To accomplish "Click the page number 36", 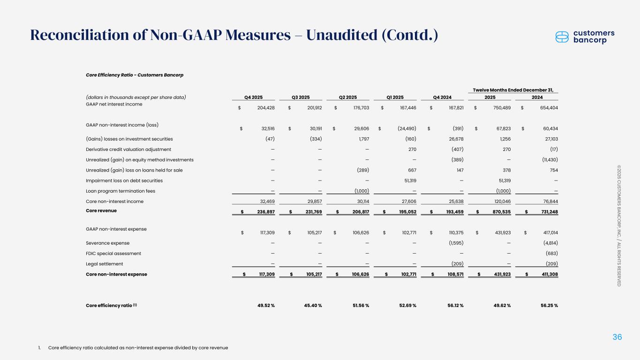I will coord(617,337).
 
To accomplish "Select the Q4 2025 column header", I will coord(253,97).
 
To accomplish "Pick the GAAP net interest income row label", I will coord(114,104).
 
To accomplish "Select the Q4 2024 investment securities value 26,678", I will coord(454,139).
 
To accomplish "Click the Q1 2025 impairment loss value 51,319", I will coord(407,180).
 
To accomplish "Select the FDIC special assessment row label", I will coord(113,254).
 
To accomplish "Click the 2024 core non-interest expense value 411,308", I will coord(547,274).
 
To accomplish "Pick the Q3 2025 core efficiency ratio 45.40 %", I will coord(311,306).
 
